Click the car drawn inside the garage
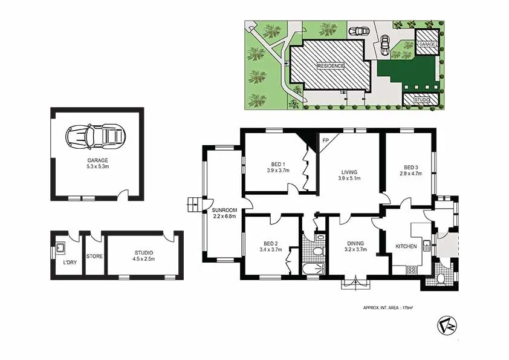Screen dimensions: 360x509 pyautogui.click(x=96, y=135)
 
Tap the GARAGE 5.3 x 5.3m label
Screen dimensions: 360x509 pyautogui.click(x=96, y=163)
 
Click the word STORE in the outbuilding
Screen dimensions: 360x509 pyautogui.click(x=95, y=256)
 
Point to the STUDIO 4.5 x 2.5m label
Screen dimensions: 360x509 pyautogui.click(x=144, y=255)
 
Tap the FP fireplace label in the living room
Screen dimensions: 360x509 pyautogui.click(x=325, y=141)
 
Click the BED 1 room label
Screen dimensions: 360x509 pyautogui.click(x=278, y=167)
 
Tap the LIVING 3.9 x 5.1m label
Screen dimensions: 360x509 pyautogui.click(x=350, y=175)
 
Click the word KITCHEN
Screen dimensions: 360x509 pyautogui.click(x=406, y=247)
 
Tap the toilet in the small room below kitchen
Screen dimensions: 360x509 pyautogui.click(x=441, y=278)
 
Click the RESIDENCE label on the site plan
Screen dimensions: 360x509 pyautogui.click(x=330, y=66)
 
